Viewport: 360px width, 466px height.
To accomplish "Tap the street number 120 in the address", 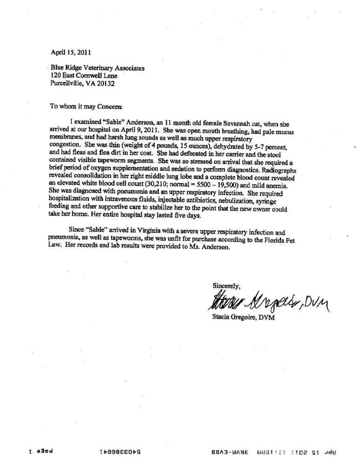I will [55, 76].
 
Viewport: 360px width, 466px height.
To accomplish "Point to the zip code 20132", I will [105, 84].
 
